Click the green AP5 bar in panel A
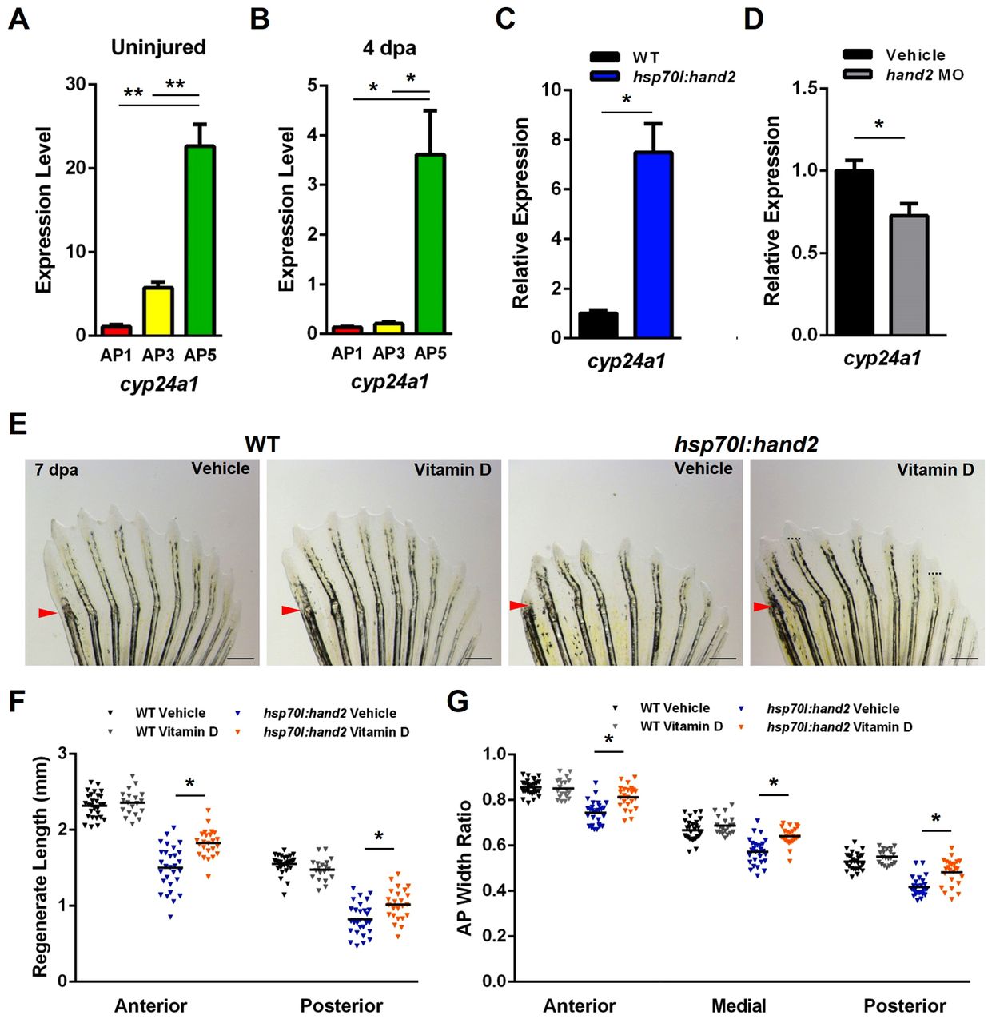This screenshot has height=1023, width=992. click(x=199, y=240)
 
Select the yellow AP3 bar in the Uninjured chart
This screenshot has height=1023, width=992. click(x=157, y=311)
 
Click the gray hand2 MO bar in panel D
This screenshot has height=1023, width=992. click(x=909, y=275)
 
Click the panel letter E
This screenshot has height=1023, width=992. click(x=18, y=424)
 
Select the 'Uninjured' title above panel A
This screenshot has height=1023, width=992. click(x=158, y=47)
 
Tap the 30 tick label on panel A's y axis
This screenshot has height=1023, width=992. click(x=76, y=84)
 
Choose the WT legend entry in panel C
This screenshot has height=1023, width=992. click(x=646, y=58)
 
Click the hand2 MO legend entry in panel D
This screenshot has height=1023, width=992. click(x=924, y=75)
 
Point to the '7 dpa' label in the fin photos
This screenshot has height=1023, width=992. click(x=57, y=470)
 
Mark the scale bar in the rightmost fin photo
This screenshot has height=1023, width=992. click(x=965, y=659)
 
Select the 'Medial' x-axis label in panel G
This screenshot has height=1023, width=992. click(x=738, y=1005)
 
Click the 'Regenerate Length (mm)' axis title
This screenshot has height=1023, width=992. click(x=41, y=866)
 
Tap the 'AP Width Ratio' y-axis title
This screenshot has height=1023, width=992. click(x=464, y=868)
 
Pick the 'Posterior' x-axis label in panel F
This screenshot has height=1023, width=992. click(x=341, y=1005)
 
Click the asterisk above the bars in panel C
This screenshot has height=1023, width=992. click(x=627, y=100)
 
